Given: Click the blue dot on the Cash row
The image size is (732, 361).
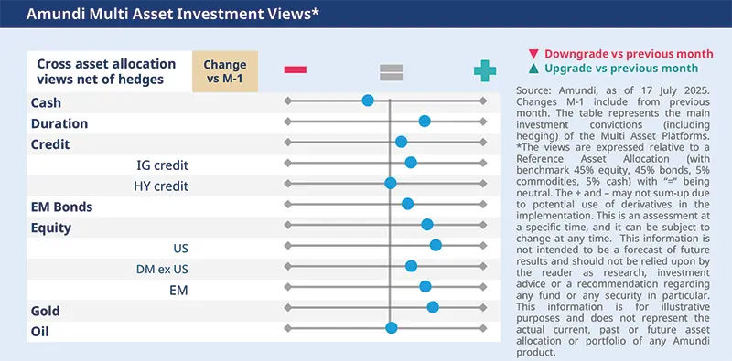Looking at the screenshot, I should click(x=368, y=101).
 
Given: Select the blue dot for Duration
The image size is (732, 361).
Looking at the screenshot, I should click(x=425, y=122).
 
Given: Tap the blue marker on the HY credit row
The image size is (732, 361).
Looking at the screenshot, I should click(x=391, y=184).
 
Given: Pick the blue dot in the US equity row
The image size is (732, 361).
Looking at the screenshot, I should click(x=436, y=245).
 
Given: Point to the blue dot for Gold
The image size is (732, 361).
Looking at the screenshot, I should click(x=433, y=307).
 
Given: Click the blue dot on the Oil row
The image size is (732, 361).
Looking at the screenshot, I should click(x=392, y=328).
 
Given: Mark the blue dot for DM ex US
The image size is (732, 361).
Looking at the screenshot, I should click(x=412, y=266).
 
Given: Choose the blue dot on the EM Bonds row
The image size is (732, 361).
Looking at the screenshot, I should click(x=408, y=204).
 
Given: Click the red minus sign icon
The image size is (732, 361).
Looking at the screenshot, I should click(x=296, y=70).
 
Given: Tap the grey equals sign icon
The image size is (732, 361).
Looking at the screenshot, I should click(x=391, y=70).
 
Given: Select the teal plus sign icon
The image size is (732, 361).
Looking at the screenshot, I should click(x=484, y=70).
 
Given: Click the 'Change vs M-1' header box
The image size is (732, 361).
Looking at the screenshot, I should click(x=225, y=71).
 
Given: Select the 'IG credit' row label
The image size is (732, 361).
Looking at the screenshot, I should click(x=161, y=164).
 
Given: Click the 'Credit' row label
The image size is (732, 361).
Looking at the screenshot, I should click(x=50, y=143).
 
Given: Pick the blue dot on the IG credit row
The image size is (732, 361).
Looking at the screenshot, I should click(x=411, y=163).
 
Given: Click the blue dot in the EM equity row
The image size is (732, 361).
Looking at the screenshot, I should click(x=425, y=287).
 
